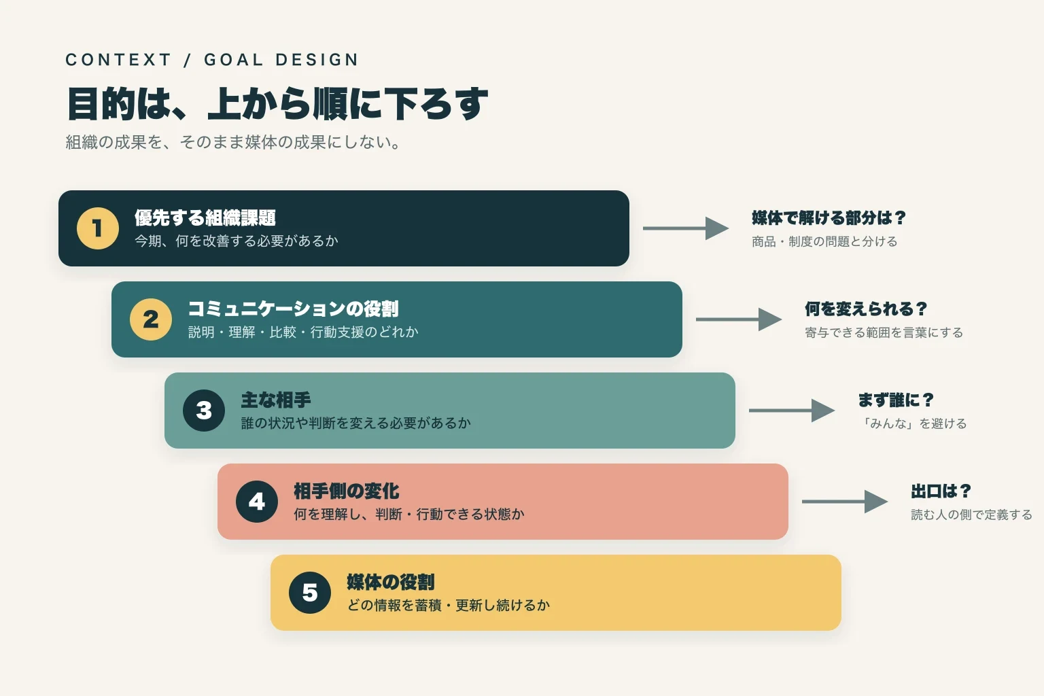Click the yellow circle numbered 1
click(x=98, y=228)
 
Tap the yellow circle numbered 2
click(x=150, y=319)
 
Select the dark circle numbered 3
click(x=204, y=411)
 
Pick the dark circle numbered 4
click(x=257, y=502)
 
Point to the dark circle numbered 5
click(x=310, y=593)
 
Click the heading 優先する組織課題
click(x=205, y=217)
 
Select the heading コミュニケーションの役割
click(x=293, y=309)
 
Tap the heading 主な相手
click(x=276, y=400)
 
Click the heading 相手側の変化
click(x=346, y=491)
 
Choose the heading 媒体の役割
click(x=391, y=582)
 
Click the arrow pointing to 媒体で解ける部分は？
click(x=686, y=228)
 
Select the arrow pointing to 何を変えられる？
click(x=739, y=319)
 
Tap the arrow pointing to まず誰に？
click(x=792, y=411)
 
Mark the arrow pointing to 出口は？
click(x=845, y=502)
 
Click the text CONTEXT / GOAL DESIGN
click(x=212, y=60)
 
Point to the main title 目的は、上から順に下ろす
click(x=277, y=103)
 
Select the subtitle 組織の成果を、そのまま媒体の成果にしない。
click(x=233, y=142)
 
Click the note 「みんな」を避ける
click(x=913, y=423)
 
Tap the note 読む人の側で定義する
click(x=971, y=515)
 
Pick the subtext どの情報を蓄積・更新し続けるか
click(x=449, y=605)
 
